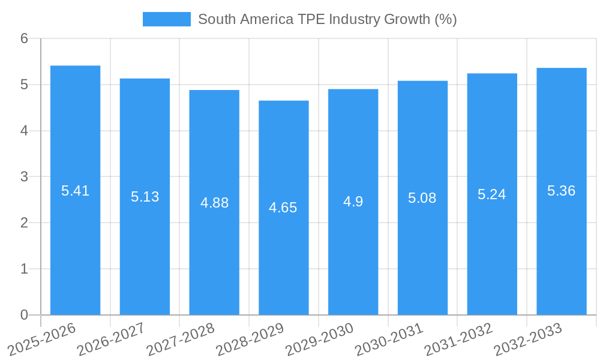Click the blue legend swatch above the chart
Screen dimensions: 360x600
click(166, 19)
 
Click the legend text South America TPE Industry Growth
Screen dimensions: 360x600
click(327, 19)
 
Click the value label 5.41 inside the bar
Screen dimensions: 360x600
click(75, 191)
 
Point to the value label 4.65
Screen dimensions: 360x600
click(284, 208)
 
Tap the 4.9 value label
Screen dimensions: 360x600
click(353, 202)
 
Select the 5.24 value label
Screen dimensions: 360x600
click(492, 194)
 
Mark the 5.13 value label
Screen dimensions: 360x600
click(145, 197)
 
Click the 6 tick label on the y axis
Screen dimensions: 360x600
click(24, 39)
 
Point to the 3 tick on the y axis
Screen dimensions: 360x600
click(24, 177)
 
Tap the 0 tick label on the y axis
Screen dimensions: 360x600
click(24, 315)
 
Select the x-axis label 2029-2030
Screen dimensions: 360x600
click(319, 339)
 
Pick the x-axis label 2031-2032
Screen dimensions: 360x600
click(458, 339)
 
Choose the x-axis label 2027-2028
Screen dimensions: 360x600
click(180, 339)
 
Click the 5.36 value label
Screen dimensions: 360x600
click(562, 191)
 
